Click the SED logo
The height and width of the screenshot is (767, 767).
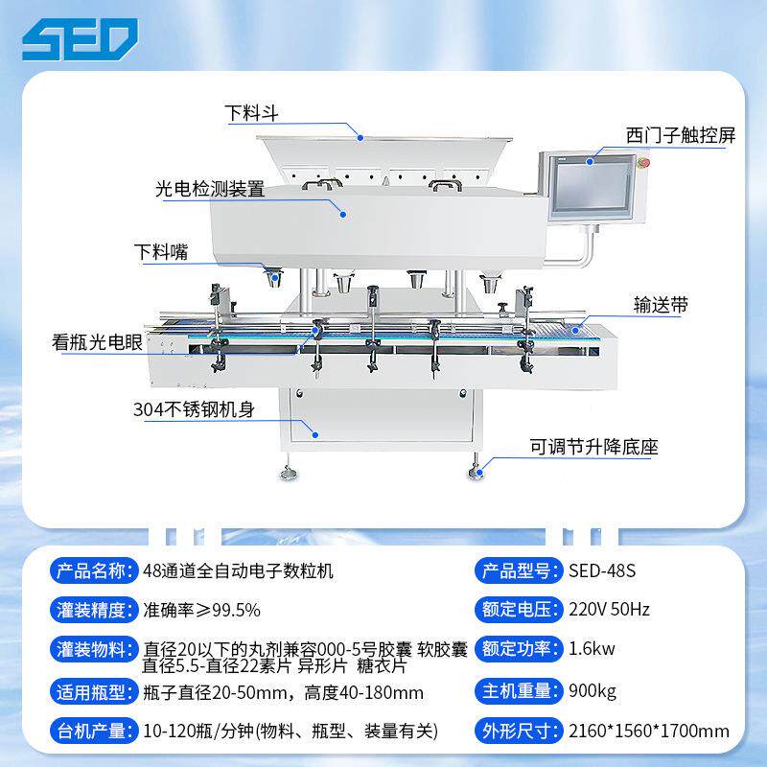click(x=80, y=39)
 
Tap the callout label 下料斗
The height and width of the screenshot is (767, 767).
click(x=251, y=113)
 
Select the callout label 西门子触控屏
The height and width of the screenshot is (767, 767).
click(x=681, y=135)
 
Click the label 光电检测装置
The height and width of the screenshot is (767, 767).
click(x=210, y=189)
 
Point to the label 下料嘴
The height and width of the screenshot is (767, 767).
click(x=161, y=252)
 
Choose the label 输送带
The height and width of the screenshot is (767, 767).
click(x=661, y=305)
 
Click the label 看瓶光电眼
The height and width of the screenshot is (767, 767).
click(x=97, y=342)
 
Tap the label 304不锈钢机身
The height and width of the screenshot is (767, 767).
click(x=194, y=410)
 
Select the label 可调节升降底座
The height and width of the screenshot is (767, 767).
click(x=593, y=447)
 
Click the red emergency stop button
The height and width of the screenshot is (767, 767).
click(x=644, y=162)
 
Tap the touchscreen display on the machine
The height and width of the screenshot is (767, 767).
click(x=592, y=187)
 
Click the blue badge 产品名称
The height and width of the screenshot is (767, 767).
click(x=93, y=570)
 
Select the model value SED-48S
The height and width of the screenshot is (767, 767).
click(x=602, y=570)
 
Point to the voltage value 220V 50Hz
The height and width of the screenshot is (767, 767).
click(x=609, y=610)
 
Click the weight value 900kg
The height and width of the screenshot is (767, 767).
click(x=593, y=691)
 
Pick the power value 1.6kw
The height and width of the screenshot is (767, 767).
click(x=592, y=649)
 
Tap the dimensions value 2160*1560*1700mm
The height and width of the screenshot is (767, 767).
click(x=649, y=732)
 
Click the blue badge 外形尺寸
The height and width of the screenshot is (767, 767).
click(x=519, y=732)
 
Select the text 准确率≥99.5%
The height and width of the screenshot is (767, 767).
click(x=201, y=610)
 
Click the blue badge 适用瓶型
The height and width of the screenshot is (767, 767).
click(x=93, y=692)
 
